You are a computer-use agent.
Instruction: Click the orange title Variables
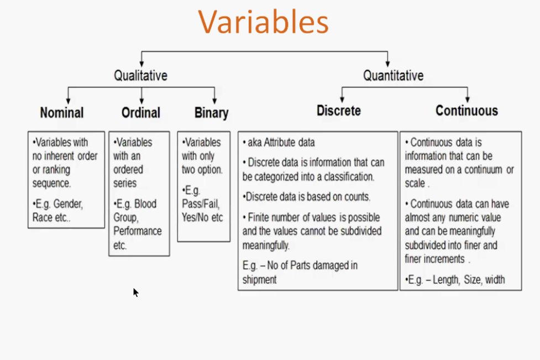point(264,22)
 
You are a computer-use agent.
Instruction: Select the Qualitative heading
point(140,75)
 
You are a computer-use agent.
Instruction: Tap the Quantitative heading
point(394,75)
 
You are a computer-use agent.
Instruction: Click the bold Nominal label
point(62,113)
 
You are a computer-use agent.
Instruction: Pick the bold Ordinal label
point(141,113)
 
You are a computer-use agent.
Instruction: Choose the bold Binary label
point(212,113)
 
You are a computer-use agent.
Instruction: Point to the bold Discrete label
point(339,111)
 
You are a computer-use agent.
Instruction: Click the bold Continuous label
point(466,111)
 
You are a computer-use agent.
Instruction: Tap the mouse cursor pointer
point(135,293)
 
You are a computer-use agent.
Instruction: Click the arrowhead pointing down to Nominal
point(68,101)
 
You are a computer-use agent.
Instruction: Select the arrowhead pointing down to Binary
point(214,101)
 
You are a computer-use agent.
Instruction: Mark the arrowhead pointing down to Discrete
point(342,99)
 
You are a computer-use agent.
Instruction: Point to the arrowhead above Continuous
point(468,99)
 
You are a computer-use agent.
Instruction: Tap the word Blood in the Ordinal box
point(145,204)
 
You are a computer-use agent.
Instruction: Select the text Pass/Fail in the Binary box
point(201,204)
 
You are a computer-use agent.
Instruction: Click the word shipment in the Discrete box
point(260,279)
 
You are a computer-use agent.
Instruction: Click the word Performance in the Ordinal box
point(138,231)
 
